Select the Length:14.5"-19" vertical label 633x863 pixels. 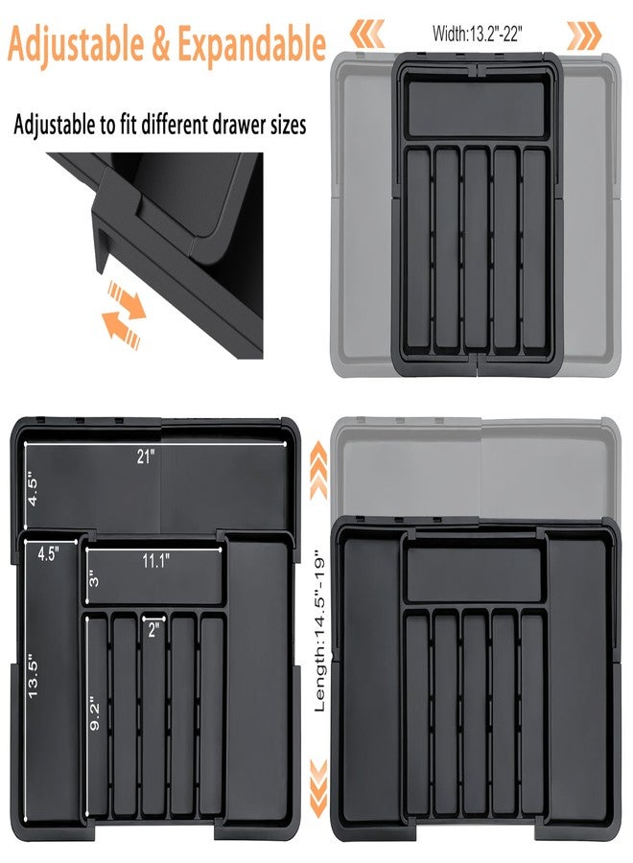click(320, 629)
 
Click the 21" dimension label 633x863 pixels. click(145, 458)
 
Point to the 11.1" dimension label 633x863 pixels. click(155, 562)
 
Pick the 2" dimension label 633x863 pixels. click(154, 629)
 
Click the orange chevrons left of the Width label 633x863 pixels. click(366, 35)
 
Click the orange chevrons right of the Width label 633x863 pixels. click(584, 35)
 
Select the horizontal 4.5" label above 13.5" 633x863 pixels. click(48, 553)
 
